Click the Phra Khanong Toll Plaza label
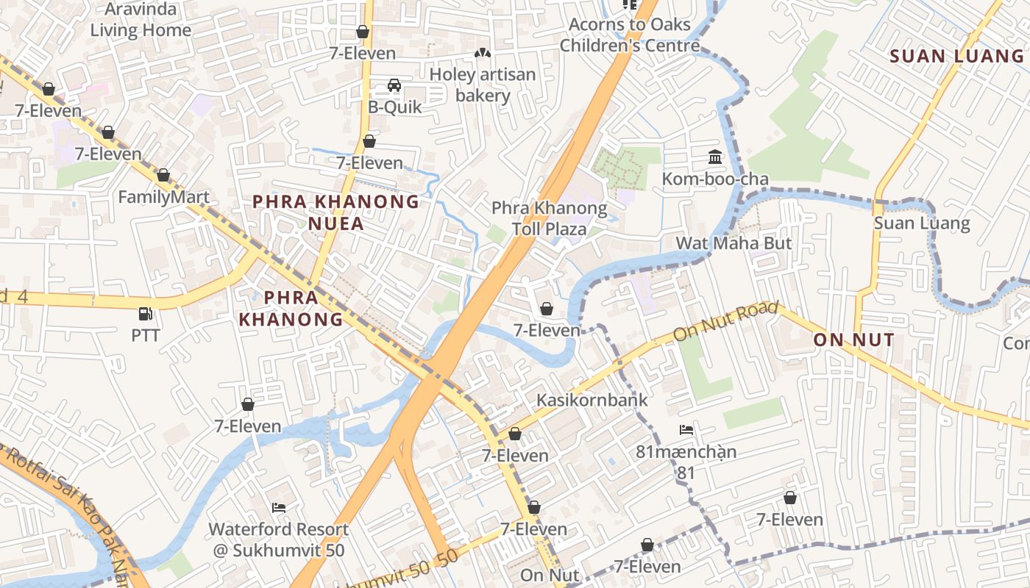pyautogui.click(x=550, y=218)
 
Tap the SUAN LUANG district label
pyautogui.click(x=956, y=56)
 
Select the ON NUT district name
pyautogui.click(x=853, y=340)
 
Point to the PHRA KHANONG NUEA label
pyautogui.click(x=335, y=212)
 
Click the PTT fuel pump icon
pyautogui.click(x=146, y=314)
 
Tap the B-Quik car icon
pyautogui.click(x=394, y=85)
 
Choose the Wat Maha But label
pyautogui.click(x=734, y=243)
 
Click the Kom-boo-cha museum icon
pyautogui.click(x=714, y=157)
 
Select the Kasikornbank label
pyautogui.click(x=592, y=400)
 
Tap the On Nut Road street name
pyautogui.click(x=725, y=321)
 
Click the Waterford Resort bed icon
pyautogui.click(x=279, y=507)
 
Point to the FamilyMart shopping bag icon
pyautogui.click(x=163, y=175)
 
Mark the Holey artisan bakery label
pyautogui.click(x=483, y=85)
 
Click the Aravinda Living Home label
pyautogui.click(x=140, y=20)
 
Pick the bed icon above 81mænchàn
pyautogui.click(x=686, y=430)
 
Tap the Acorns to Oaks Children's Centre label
pyautogui.click(x=630, y=35)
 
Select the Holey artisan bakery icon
pyautogui.click(x=482, y=53)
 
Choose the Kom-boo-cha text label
pyautogui.click(x=714, y=179)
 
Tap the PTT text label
pyautogui.click(x=146, y=335)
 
